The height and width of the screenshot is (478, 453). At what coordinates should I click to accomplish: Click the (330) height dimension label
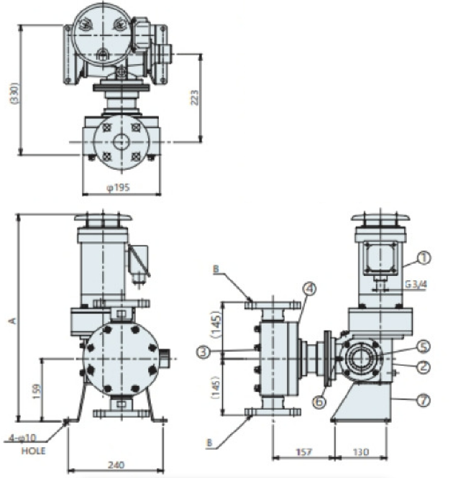click(14, 93)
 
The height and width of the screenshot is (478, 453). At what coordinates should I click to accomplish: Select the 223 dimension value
click(195, 98)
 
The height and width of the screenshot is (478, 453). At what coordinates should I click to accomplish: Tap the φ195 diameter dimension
click(119, 187)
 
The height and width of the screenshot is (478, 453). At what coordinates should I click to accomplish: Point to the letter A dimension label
click(12, 321)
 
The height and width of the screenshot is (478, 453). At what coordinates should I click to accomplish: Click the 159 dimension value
click(36, 391)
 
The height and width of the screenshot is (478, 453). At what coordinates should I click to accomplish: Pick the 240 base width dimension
click(116, 465)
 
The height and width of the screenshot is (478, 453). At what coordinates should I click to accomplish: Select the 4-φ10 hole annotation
click(23, 438)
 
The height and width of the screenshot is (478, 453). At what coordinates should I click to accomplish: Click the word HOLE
click(33, 451)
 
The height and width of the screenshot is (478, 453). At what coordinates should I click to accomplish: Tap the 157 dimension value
click(303, 452)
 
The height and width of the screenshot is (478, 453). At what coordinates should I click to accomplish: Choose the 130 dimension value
click(361, 452)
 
